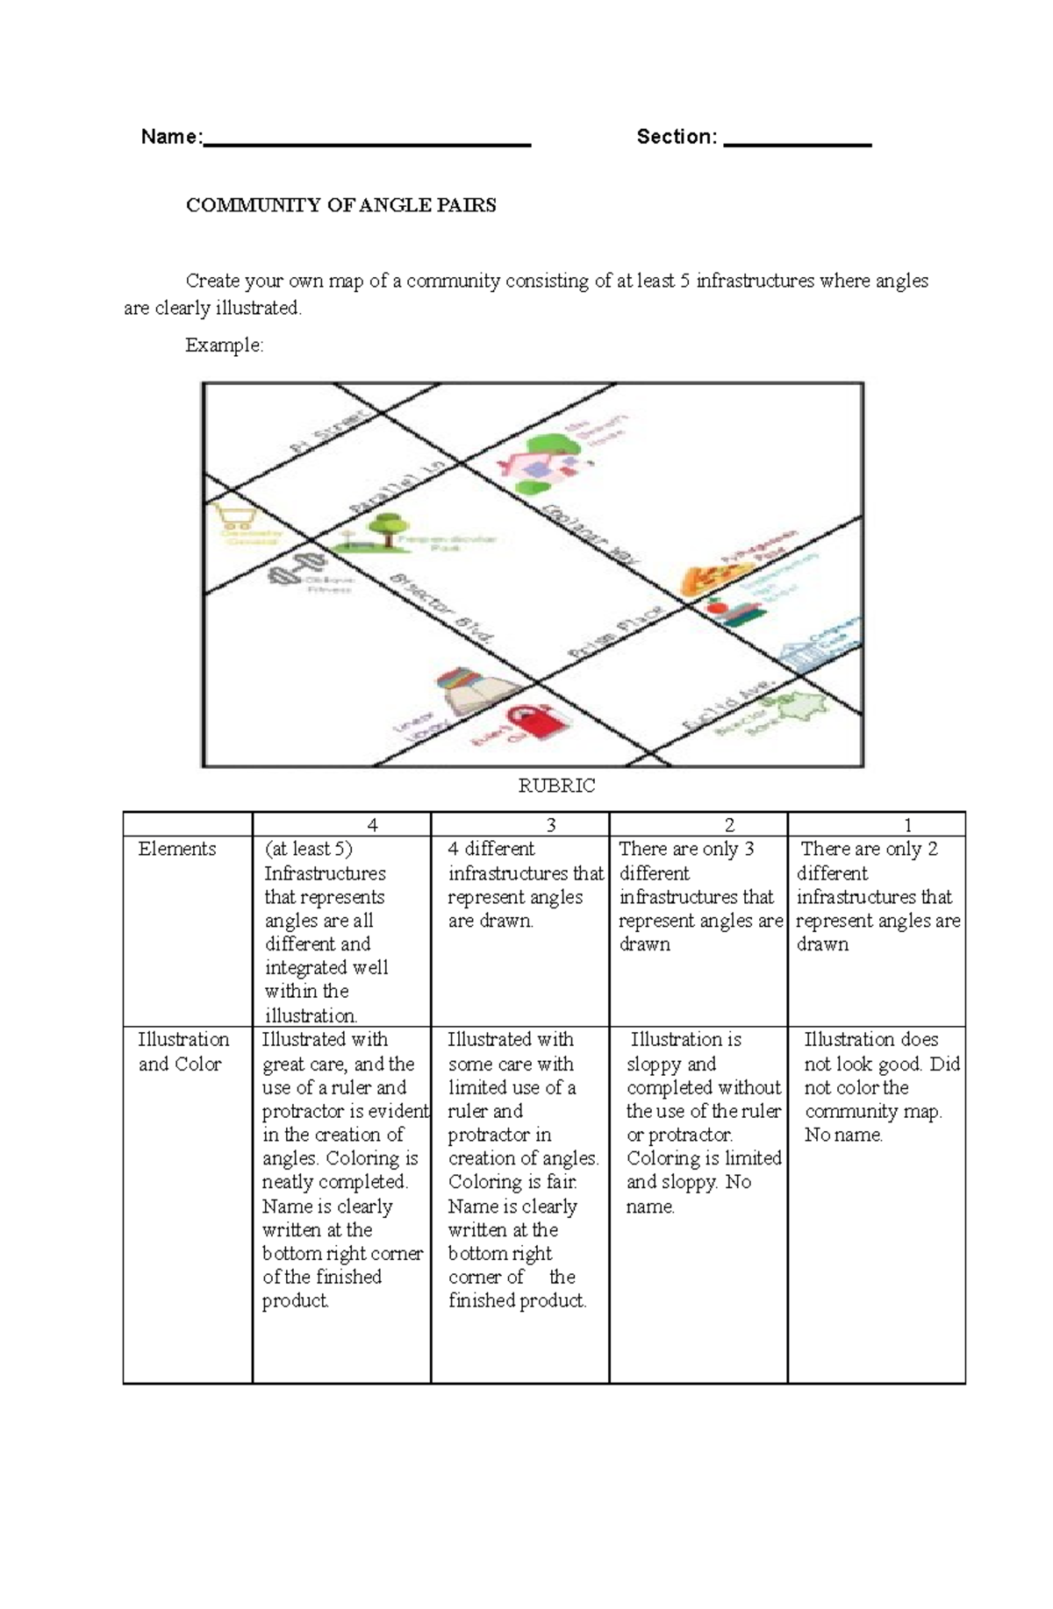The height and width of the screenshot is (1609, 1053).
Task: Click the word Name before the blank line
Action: click(171, 137)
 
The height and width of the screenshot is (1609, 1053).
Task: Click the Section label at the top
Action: click(676, 137)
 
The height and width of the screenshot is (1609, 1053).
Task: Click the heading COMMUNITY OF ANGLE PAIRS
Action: click(340, 205)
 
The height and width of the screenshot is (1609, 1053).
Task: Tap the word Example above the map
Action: click(224, 345)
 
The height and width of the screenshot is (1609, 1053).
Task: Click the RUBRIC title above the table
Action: click(556, 786)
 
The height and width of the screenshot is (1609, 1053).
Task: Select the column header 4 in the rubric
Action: click(373, 825)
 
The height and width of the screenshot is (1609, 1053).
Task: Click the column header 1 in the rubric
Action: click(907, 825)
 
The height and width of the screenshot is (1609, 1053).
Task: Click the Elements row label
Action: click(176, 849)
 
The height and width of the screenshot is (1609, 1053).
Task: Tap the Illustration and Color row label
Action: click(183, 1051)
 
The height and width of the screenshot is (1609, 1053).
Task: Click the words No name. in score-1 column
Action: click(843, 1135)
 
